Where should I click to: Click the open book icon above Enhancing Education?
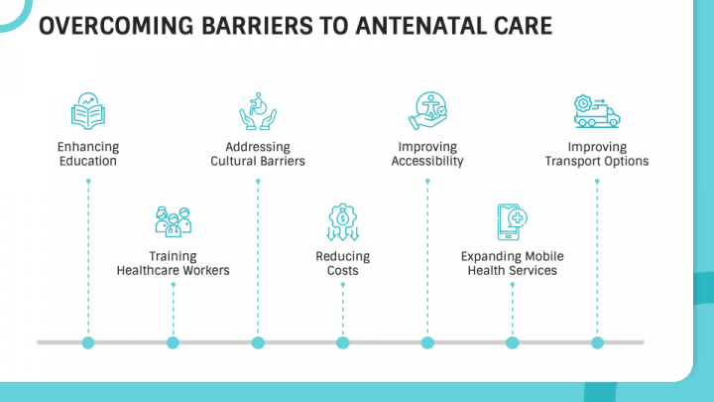[x=88, y=111]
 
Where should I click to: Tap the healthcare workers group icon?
[x=173, y=222]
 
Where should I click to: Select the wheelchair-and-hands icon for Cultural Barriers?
[x=258, y=111]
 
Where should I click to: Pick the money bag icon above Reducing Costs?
[x=342, y=222]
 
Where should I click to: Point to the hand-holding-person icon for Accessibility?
[x=427, y=111]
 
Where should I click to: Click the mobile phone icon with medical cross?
[x=513, y=222]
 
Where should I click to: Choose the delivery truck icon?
[x=597, y=111]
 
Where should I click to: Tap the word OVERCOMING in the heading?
[x=117, y=26]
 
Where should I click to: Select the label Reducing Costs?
[x=343, y=263]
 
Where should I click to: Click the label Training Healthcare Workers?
[x=173, y=263]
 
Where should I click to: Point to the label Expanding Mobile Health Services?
[x=513, y=263]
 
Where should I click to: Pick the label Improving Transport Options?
[x=597, y=154]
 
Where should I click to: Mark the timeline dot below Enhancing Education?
[x=88, y=342]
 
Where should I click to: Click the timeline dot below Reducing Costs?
[x=342, y=342]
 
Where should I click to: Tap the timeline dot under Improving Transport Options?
[x=597, y=342]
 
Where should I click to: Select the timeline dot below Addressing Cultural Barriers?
[x=258, y=342]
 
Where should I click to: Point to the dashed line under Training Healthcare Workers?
[x=173, y=310]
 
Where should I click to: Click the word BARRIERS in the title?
[x=257, y=26]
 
